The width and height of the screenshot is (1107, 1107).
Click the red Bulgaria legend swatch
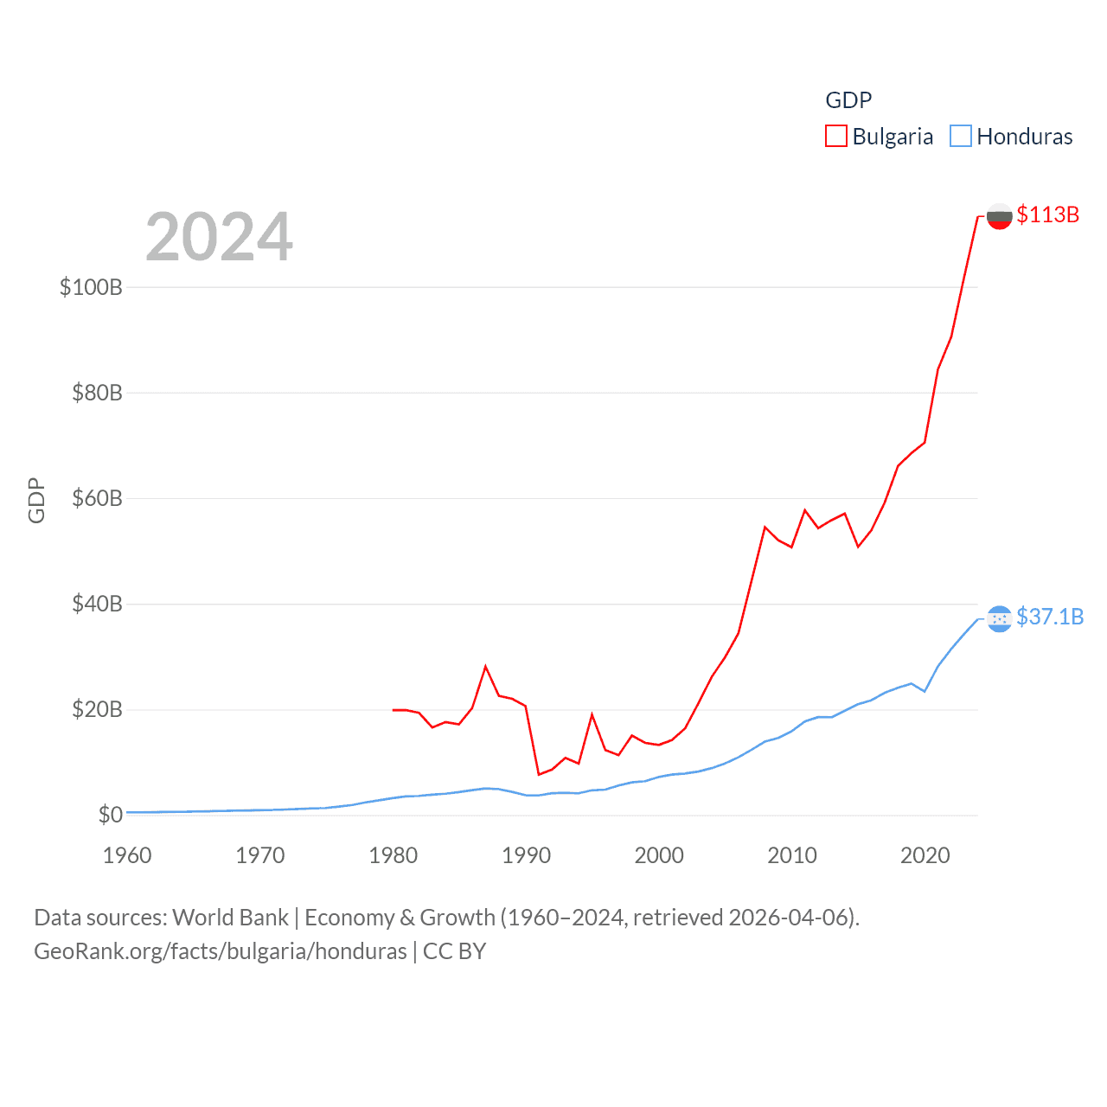click(x=836, y=137)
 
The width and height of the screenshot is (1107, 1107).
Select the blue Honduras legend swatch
click(x=961, y=137)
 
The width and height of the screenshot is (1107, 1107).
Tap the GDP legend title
click(x=848, y=100)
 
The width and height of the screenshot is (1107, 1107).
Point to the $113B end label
click(x=1047, y=214)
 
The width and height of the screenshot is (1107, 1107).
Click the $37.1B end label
click(x=1050, y=617)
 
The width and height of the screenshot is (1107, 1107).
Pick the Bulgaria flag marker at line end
click(x=999, y=216)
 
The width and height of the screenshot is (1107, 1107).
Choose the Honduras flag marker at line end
click(x=999, y=618)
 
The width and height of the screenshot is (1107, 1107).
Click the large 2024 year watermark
click(x=219, y=237)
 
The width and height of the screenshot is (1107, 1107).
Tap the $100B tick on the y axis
click(x=91, y=287)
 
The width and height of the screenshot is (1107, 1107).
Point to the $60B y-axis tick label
click(x=97, y=498)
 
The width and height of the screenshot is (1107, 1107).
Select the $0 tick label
click(x=110, y=815)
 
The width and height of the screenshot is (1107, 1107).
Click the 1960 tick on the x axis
click(x=127, y=855)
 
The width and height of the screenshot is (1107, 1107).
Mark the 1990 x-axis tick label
click(x=526, y=855)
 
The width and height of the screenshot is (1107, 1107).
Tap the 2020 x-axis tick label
click(x=925, y=855)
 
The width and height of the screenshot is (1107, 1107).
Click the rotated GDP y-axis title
click(x=36, y=500)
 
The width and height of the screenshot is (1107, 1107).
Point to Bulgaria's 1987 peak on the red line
click(x=486, y=666)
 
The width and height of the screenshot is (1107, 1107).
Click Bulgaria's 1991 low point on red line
click(x=539, y=774)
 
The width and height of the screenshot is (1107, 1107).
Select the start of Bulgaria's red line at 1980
click(x=394, y=710)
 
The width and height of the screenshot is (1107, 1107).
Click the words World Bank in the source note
click(x=230, y=917)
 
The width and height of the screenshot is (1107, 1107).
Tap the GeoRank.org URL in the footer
click(x=221, y=951)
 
